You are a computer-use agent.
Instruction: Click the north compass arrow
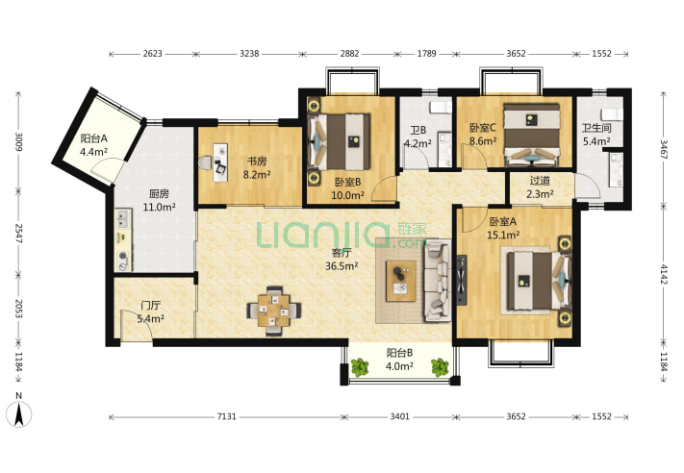coord(19,414)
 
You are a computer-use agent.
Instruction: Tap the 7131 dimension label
coord(227,417)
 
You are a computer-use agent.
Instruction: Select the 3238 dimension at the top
coord(249,54)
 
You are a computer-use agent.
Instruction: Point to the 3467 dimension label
coord(664,149)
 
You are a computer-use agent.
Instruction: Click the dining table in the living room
coord(273,311)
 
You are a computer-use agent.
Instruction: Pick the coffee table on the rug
coord(401,281)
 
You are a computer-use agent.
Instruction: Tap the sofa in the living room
coord(438,281)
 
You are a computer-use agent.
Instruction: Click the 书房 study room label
coord(257,161)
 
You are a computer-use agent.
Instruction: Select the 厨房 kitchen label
coord(159,193)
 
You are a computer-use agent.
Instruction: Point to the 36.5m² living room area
coord(342,265)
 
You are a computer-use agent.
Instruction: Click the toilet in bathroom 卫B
coord(441,108)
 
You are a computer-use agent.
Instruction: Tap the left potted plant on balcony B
coord(361,367)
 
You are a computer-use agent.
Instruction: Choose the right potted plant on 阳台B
coord(441,367)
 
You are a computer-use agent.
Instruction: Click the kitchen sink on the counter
coord(122,219)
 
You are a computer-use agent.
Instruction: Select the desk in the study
coord(220,162)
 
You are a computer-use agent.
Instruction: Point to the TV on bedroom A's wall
coord(462,281)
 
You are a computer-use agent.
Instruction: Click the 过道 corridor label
coord(540,180)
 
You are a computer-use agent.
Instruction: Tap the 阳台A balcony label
coord(93,138)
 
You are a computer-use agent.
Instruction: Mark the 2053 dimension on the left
coord(18,309)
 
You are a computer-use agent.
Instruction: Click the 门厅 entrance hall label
coord(150,305)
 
